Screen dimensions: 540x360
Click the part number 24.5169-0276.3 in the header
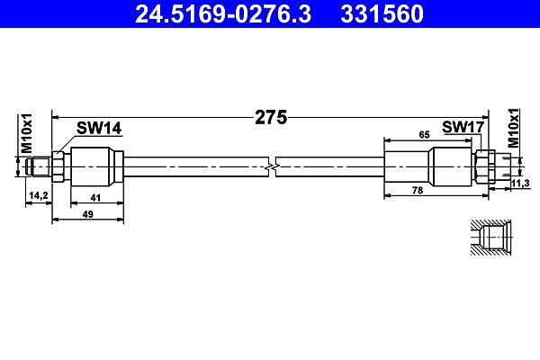coord(223,14)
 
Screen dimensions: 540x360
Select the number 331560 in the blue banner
coord(382,14)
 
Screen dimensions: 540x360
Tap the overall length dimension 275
coord(271,118)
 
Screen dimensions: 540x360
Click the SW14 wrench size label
coord(99,128)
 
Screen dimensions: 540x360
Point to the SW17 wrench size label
coord(463,127)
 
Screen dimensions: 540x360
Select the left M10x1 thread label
coord(26,133)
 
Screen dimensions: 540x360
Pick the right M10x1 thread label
coord(514,128)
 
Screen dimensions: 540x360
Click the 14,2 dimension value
coord(39,195)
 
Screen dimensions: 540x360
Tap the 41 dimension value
coord(95,198)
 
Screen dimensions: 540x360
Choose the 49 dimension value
coord(88,214)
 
